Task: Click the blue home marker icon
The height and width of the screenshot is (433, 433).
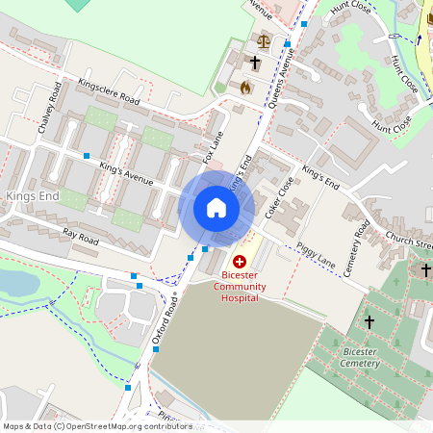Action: click(x=216, y=208)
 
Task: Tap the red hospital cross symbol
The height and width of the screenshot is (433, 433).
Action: click(x=240, y=261)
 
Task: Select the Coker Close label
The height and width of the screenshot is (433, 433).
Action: click(x=279, y=196)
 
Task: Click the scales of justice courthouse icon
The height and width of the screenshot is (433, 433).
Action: click(x=265, y=41)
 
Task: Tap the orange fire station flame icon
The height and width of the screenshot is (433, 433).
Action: click(x=245, y=88)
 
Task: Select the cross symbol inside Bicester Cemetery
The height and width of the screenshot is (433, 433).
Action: click(x=369, y=322)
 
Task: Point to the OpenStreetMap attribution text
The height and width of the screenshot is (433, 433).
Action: click(x=96, y=426)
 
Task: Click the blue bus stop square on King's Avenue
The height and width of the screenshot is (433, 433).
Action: click(x=87, y=155)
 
